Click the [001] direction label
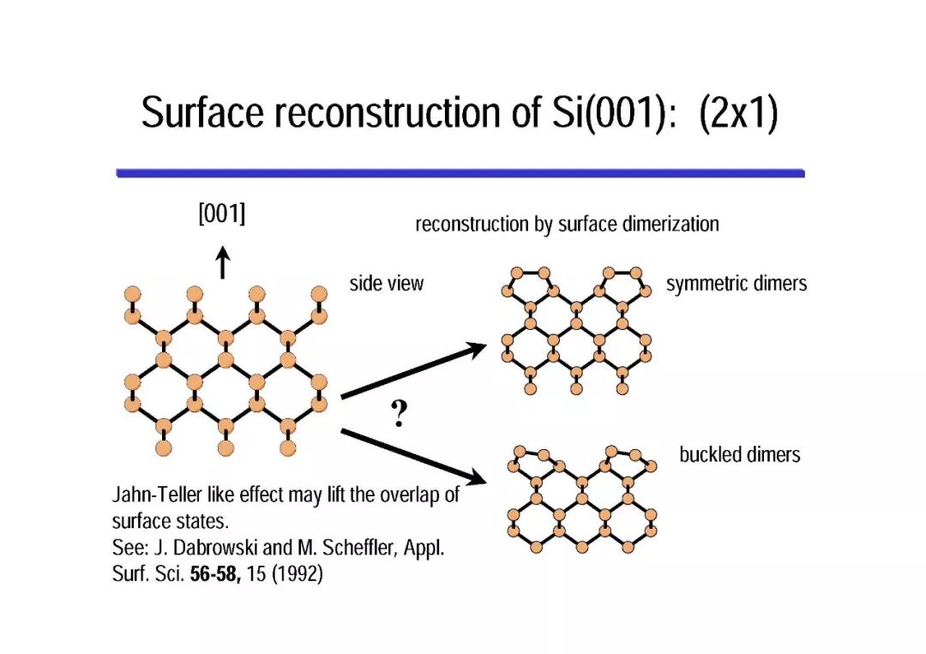221,214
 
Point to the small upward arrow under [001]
222,262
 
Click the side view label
386,284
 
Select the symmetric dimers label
737,284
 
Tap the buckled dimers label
739,454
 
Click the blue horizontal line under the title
460,173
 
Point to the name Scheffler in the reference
358,549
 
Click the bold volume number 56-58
214,574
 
